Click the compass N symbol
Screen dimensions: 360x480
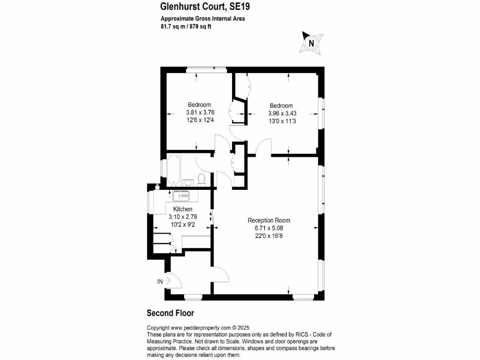pyautogui.click(x=310, y=43)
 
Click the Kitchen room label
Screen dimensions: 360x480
pyautogui.click(x=182, y=209)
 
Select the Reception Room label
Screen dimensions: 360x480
pyautogui.click(x=269, y=220)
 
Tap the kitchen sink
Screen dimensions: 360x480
pyautogui.click(x=181, y=195)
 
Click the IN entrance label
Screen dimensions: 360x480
pyautogui.click(x=160, y=282)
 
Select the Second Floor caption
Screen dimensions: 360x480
pyautogui.click(x=171, y=313)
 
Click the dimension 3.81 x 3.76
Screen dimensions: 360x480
pyautogui.click(x=200, y=112)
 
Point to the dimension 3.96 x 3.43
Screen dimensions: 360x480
pyautogui.click(x=282, y=113)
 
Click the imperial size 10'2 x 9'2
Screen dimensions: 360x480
pyautogui.click(x=182, y=225)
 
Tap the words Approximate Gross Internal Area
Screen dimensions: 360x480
pyautogui.click(x=203, y=19)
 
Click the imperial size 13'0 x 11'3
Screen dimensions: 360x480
pyautogui.click(x=282, y=121)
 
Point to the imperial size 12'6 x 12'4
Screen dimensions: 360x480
pyautogui.click(x=200, y=120)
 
